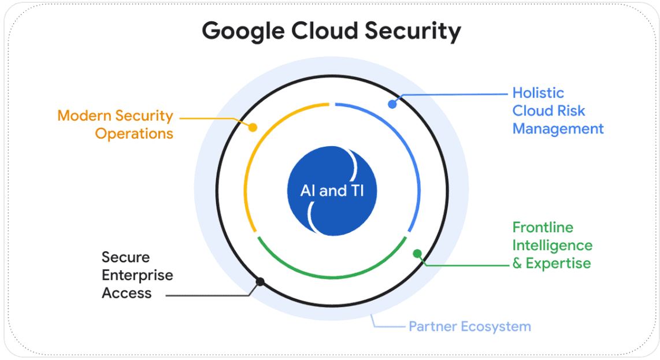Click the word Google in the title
pos(243,32)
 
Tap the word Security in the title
pos(413,32)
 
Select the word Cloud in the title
pos(325,31)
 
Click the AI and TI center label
pos(332,191)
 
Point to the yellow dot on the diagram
pos(253,127)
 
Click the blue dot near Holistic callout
pos(392,104)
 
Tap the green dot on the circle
pos(417,254)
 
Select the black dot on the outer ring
pos(260,281)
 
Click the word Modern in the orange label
pos(84,116)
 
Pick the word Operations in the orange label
pos(134,134)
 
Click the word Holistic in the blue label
pos(539,93)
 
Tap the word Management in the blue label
pos(558,129)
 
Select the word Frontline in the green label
pos(543,227)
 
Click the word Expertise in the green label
pos(558,263)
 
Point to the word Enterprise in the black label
pos(138,276)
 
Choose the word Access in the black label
pos(127,293)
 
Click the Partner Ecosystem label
pos(470,326)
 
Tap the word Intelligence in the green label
pos(553,246)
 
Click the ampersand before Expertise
pos(517,263)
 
